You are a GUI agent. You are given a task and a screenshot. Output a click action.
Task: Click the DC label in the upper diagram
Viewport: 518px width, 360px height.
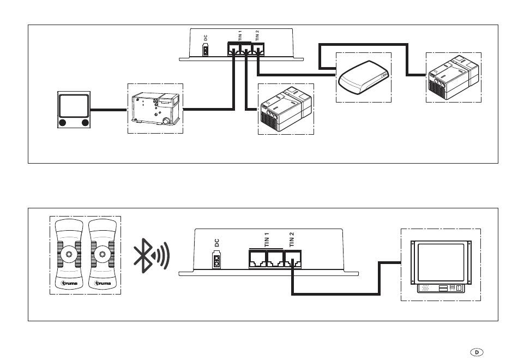(x=206, y=38)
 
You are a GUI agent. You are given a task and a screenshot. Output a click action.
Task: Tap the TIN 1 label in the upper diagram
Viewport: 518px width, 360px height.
(x=240, y=35)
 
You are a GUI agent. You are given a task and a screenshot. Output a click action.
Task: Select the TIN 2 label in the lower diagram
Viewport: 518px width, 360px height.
(x=291, y=239)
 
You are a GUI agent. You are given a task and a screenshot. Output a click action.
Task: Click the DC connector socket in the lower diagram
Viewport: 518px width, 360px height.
(x=216, y=260)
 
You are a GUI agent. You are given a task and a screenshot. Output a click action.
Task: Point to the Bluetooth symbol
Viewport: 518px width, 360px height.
(x=143, y=255)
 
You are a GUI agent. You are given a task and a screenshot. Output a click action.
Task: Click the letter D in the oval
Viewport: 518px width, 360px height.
(x=477, y=352)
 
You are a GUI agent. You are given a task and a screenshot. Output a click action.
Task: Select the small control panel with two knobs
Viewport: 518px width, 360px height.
(x=74, y=110)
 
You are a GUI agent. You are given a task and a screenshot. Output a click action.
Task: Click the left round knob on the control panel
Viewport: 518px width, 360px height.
(x=62, y=123)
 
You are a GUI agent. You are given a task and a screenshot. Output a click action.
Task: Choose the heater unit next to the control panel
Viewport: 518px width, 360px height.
(x=155, y=108)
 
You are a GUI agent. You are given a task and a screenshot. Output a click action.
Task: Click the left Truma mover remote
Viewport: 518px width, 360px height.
(x=69, y=255)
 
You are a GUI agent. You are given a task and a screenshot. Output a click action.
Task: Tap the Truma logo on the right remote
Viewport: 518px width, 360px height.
(x=103, y=283)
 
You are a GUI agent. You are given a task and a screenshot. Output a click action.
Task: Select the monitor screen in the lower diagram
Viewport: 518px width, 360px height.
(x=441, y=262)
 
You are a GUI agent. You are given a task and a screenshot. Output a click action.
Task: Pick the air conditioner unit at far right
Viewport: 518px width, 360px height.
(x=453, y=77)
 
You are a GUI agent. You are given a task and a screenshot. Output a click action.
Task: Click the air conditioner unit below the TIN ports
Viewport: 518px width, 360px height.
(x=286, y=110)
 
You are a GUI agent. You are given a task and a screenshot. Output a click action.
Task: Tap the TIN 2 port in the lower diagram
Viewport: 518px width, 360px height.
(x=293, y=259)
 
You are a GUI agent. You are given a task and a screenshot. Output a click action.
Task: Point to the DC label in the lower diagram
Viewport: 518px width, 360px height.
(x=216, y=243)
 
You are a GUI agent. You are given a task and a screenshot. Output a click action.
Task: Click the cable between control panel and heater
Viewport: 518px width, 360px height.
(x=109, y=110)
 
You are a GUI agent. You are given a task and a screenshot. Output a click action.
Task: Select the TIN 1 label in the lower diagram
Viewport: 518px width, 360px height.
(x=267, y=239)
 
